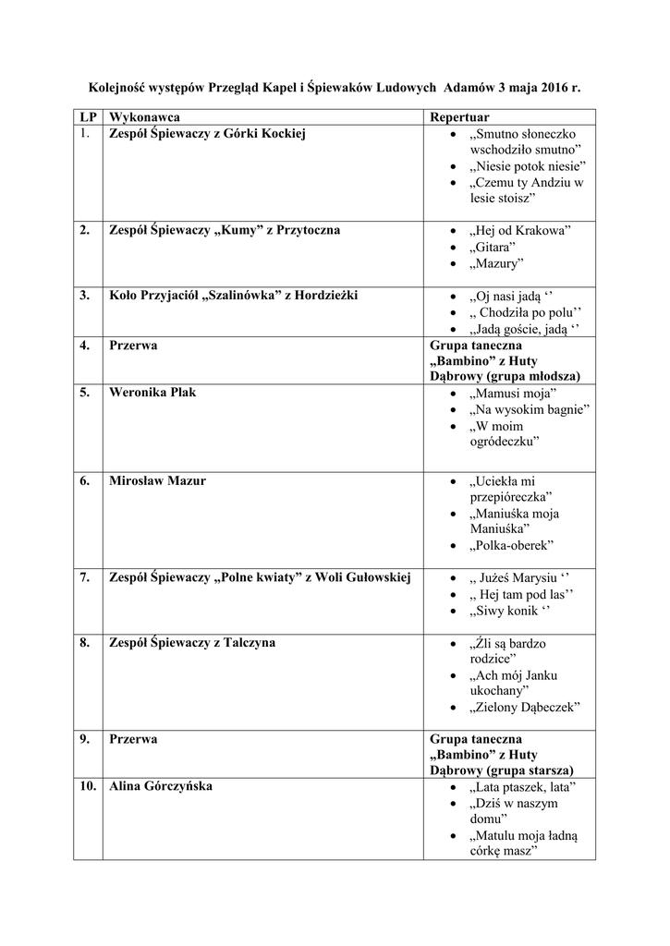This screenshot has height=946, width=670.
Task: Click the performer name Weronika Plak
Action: [x=152, y=393]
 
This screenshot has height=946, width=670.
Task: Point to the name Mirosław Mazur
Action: [x=157, y=481]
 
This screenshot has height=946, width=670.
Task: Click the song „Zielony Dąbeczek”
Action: [x=524, y=707]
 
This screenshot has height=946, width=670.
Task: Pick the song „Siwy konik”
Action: [x=509, y=611]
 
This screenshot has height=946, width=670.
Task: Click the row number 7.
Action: [x=84, y=577]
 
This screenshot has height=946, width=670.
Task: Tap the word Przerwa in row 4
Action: [x=133, y=346]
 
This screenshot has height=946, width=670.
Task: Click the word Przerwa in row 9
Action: [x=133, y=739]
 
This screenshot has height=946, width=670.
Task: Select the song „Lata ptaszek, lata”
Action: [x=523, y=787]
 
